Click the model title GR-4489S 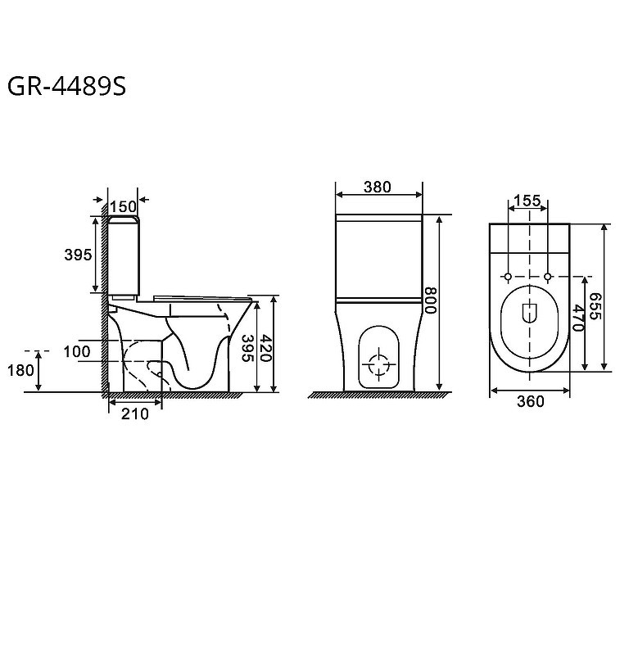click(67, 87)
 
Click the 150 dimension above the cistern click(123, 207)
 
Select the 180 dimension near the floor click(20, 370)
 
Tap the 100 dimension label click(77, 352)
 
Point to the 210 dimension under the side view click(135, 414)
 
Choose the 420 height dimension click(266, 347)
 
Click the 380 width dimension click(378, 187)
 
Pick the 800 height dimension click(430, 300)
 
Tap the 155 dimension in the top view click(527, 201)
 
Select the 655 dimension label click(595, 306)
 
